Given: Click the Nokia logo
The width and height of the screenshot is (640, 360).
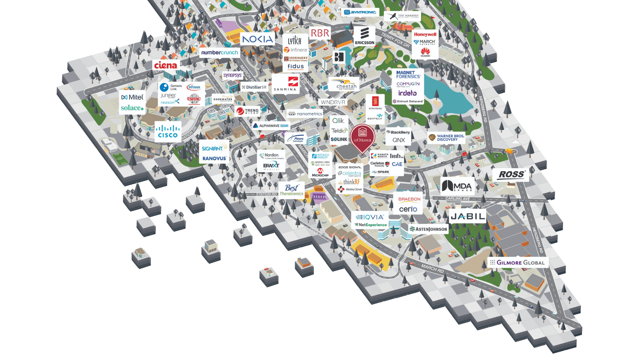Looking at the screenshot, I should coord(257,39).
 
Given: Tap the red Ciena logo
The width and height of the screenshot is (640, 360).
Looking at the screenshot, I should coord(166,65).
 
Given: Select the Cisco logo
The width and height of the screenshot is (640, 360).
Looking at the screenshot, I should coord(168,131).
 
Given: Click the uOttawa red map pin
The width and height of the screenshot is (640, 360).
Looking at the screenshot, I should coord(362,136).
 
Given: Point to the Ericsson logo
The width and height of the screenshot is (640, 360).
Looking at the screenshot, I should coord(364,36).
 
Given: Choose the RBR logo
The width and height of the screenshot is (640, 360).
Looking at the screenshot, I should coord(320,33).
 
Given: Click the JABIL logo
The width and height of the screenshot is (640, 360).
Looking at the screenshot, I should coord(468,217).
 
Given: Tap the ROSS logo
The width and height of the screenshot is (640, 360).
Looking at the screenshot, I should coord(511,175).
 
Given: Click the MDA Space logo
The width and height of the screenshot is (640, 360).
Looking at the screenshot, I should coord(457,186).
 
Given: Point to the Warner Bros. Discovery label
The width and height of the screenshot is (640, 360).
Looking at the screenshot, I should coord(447,138).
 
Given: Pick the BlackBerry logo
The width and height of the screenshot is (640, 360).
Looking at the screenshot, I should coord(398,132).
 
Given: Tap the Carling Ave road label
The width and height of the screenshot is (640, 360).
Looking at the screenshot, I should coord(457,199).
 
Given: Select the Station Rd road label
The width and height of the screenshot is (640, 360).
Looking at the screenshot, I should coord(266,194).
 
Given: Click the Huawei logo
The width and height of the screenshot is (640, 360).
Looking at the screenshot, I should coord(425,52).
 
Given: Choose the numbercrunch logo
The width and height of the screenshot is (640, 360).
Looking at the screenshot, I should coord(220,53).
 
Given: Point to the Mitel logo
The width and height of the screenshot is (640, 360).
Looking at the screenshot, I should coord(132,97).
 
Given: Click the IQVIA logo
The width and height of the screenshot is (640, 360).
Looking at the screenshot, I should coord(370,217).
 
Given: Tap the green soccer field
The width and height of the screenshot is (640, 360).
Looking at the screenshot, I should coord(120,159).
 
